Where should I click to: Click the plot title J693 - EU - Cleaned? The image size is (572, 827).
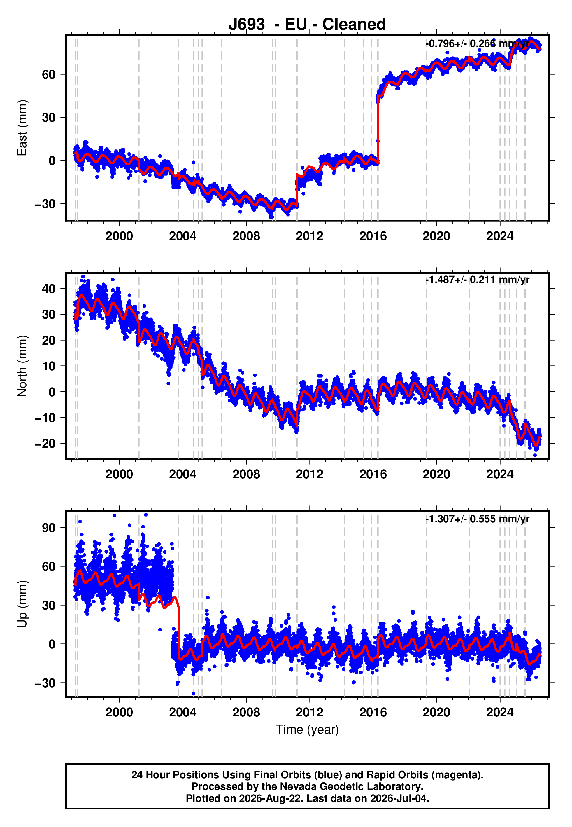[x=307, y=25]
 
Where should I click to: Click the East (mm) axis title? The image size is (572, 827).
[x=22, y=128]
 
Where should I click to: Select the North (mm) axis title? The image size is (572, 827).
[x=22, y=366]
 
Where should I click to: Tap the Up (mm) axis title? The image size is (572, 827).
[x=22, y=604]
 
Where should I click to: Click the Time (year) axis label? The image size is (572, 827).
[x=307, y=730]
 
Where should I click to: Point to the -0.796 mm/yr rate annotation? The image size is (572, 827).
[x=477, y=44]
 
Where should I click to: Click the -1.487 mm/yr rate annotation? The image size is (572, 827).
[x=477, y=280]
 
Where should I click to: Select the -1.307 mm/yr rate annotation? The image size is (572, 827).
[x=477, y=519]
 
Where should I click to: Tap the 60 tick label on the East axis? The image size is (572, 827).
[x=49, y=75]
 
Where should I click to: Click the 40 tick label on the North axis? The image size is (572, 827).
[x=49, y=289]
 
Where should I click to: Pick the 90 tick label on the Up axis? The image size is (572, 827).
[x=49, y=528]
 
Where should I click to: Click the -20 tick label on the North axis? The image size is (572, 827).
[x=45, y=444]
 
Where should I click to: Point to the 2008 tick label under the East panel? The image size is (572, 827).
[x=246, y=236]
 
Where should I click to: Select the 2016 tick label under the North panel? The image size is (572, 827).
[x=373, y=474]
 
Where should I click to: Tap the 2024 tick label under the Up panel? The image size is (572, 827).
[x=500, y=712]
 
